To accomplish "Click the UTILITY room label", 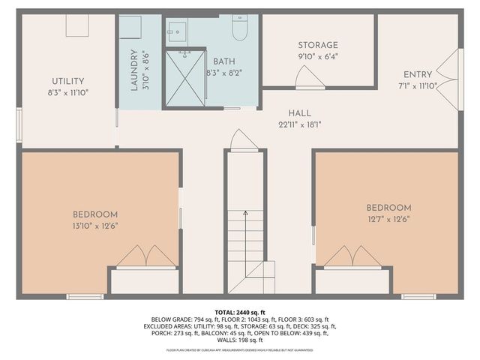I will click(x=67, y=81).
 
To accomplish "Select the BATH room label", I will click(x=224, y=61).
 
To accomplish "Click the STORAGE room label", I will click(x=317, y=45).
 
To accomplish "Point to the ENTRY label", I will click(x=418, y=74).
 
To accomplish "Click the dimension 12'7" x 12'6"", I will click(x=388, y=219).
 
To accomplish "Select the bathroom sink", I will click(x=177, y=31).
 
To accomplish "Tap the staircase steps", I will click(x=246, y=240).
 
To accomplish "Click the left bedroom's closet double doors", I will click(x=144, y=256).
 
